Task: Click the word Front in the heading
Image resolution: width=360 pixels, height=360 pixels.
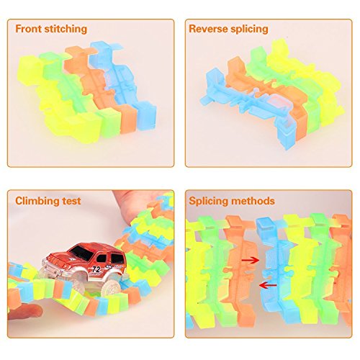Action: [x=29, y=29]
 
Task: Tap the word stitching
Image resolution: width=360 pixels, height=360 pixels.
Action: [x=66, y=30]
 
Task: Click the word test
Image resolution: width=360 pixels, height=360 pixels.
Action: [x=71, y=201]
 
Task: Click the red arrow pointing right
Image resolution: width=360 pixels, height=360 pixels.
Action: [x=251, y=261]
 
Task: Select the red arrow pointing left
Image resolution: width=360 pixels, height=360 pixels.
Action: [x=268, y=285]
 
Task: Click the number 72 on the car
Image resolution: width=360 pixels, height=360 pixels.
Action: [x=95, y=269]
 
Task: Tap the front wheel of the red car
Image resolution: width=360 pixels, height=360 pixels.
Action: [x=111, y=289]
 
